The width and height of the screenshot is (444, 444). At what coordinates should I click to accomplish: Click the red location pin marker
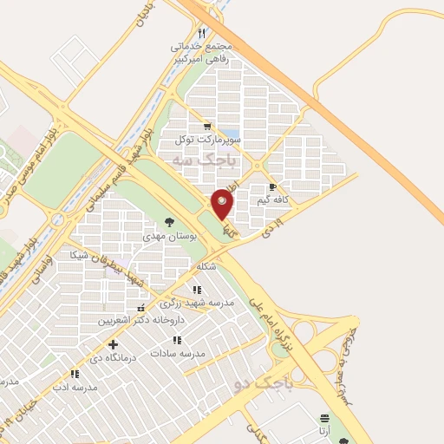pos(223,204)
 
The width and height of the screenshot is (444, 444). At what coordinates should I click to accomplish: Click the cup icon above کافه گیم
pos(272,187)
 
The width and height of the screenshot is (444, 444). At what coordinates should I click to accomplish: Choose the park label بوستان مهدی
pos(167,235)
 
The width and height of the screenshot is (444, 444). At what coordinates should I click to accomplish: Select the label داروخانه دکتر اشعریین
pos(130,319)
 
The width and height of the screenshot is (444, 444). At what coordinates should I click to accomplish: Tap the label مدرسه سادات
pos(178,353)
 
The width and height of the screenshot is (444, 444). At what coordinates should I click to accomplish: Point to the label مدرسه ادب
pos(74,386)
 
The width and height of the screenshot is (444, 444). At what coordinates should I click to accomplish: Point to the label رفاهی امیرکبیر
pos(180,60)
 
